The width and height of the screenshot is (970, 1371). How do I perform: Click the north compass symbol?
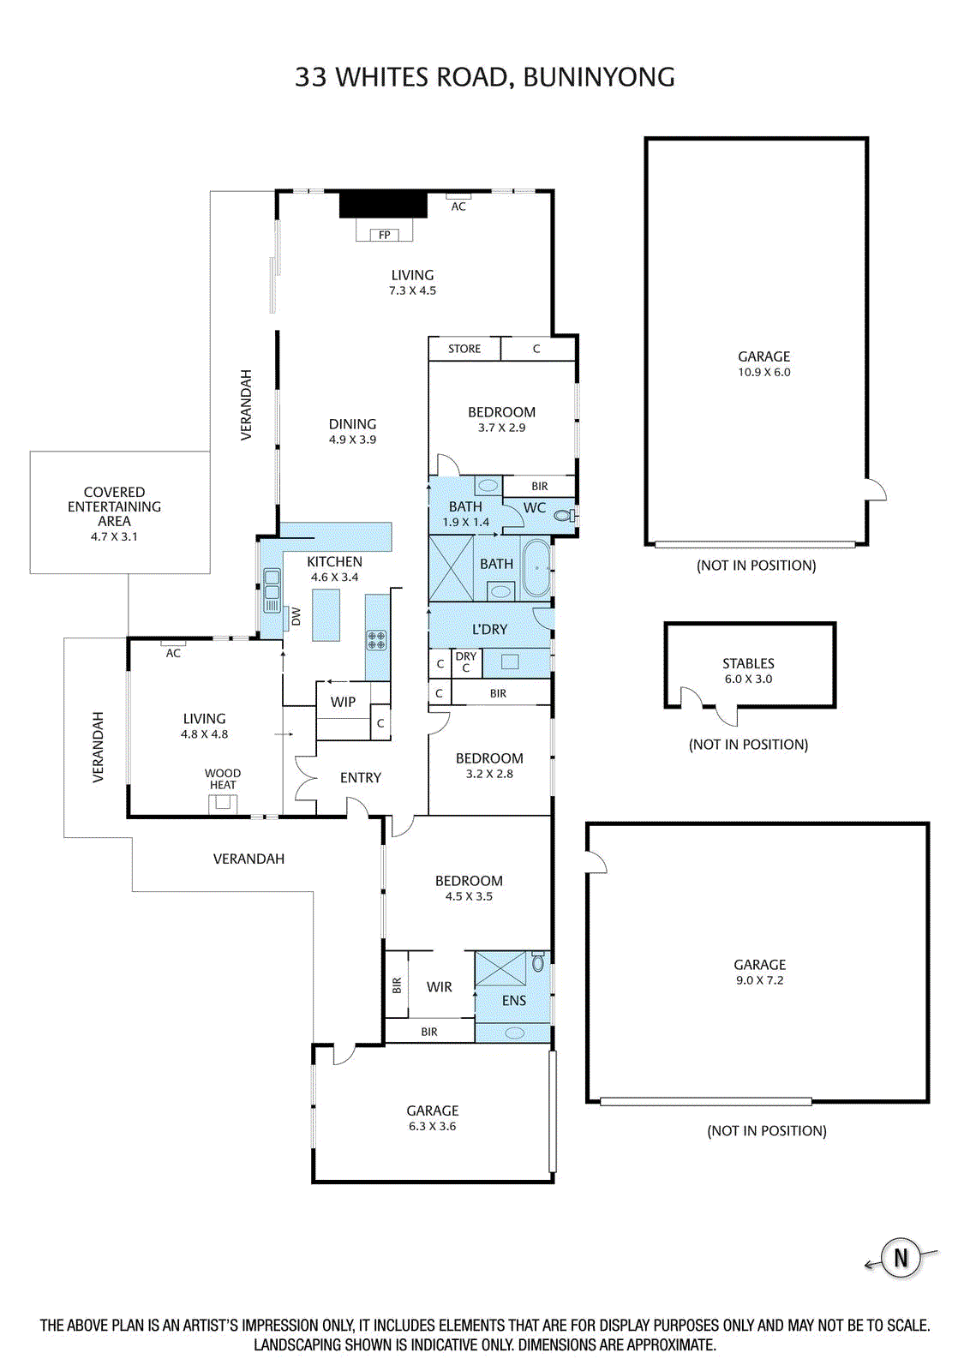pyautogui.click(x=901, y=1259)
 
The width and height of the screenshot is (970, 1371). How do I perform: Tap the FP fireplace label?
pyautogui.click(x=385, y=235)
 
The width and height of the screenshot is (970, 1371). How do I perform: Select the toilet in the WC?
pyautogui.click(x=562, y=515)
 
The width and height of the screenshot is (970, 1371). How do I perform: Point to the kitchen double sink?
pyautogui.click(x=271, y=590)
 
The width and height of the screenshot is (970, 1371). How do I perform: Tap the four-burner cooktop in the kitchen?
pyautogui.click(x=376, y=640)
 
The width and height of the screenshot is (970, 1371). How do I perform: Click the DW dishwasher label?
pyautogui.click(x=296, y=616)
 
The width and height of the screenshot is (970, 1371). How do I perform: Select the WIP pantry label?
pyautogui.click(x=343, y=702)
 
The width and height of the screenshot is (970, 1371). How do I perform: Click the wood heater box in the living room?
pyautogui.click(x=223, y=805)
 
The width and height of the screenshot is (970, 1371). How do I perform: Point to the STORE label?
pyautogui.click(x=464, y=349)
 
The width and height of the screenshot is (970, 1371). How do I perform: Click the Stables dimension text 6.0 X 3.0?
pyautogui.click(x=748, y=679)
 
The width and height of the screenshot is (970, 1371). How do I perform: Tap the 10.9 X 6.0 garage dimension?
pyautogui.click(x=763, y=372)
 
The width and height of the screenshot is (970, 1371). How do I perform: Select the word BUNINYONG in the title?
pyautogui.click(x=599, y=77)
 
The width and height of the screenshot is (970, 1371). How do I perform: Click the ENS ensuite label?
pyautogui.click(x=513, y=1000)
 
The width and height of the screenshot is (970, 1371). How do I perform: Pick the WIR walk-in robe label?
pyautogui.click(x=439, y=986)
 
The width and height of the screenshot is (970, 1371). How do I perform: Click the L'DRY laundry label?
pyautogui.click(x=489, y=629)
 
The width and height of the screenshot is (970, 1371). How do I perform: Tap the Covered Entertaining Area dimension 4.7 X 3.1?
pyautogui.click(x=114, y=536)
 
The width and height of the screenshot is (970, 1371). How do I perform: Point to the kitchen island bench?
pyautogui.click(x=326, y=615)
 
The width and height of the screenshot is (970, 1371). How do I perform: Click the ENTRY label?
pyautogui.click(x=361, y=777)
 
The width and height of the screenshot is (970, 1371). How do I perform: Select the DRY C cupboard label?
pyautogui.click(x=466, y=662)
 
